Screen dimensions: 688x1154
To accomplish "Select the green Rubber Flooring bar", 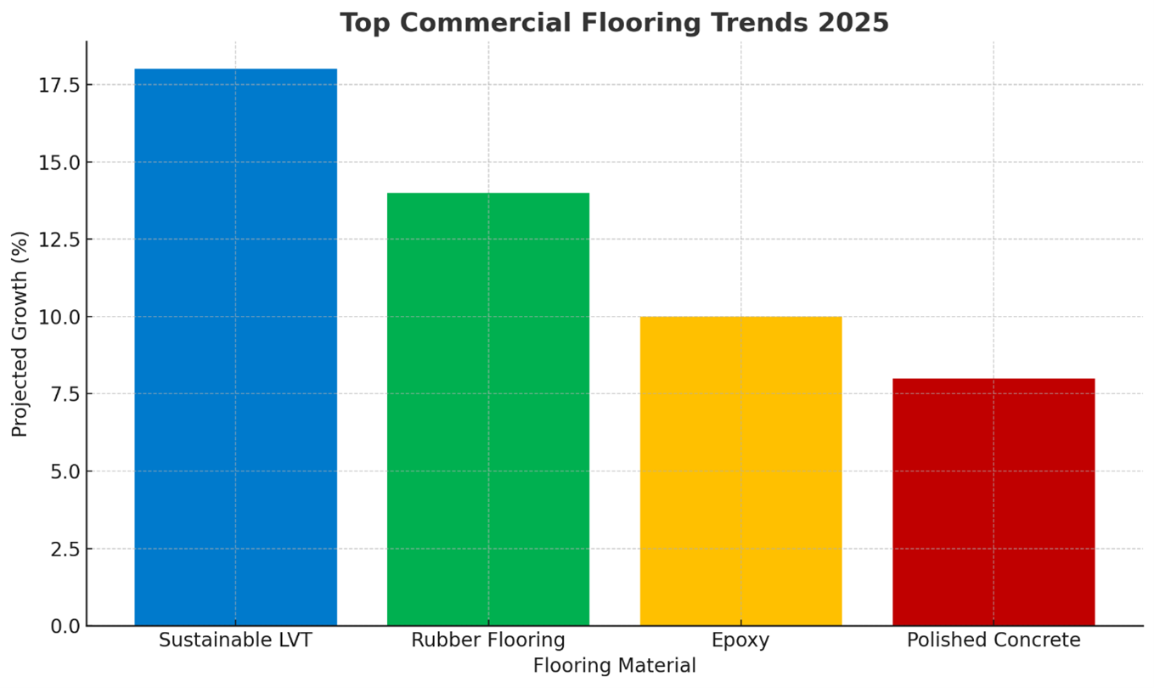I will point(487,409).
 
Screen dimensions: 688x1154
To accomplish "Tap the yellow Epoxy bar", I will point(740,471).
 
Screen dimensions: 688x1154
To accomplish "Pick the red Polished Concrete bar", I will point(993,501).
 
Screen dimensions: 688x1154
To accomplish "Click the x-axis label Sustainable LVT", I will point(235,640).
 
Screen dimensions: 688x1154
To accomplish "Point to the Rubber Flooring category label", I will point(487,640).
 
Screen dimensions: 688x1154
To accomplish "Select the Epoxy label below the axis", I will point(740,640).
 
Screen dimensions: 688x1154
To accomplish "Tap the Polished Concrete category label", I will point(993,640).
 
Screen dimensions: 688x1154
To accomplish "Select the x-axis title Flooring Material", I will point(614,666).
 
